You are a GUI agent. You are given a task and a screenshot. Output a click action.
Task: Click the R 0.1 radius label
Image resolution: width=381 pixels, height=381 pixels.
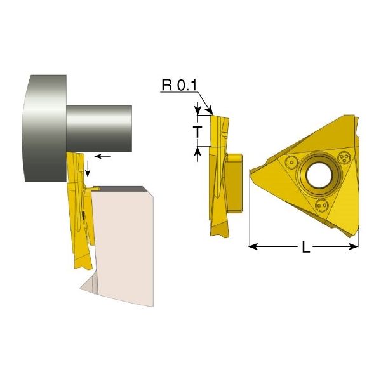[x=179, y=85]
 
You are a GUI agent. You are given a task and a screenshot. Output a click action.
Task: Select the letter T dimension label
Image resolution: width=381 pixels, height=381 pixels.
[x=199, y=132]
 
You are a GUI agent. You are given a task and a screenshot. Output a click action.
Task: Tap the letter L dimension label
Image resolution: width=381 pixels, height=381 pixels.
[x=306, y=247]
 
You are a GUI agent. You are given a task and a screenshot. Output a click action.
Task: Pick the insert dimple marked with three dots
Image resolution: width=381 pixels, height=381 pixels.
[x=344, y=157]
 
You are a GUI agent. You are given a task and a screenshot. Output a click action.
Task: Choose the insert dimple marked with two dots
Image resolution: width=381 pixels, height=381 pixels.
[x=322, y=206]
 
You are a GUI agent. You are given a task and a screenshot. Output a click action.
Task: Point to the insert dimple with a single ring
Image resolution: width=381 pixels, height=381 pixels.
[x=291, y=162]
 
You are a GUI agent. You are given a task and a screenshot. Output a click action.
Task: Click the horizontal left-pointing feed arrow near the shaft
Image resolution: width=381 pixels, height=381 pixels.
[x=103, y=156]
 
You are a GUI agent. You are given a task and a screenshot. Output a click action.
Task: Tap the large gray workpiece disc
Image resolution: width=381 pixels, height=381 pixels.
[x=45, y=128]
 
